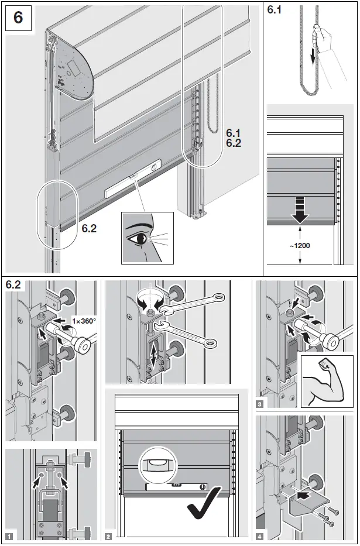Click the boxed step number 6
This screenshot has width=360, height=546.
pos(18,18)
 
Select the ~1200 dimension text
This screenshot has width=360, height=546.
pos(299,245)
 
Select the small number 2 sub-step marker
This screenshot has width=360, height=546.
pos(108,535)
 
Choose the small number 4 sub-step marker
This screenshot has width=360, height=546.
pos(259,535)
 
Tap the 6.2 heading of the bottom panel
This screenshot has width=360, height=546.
pos(14,286)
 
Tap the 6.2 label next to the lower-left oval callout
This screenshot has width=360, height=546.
pos(89,229)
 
